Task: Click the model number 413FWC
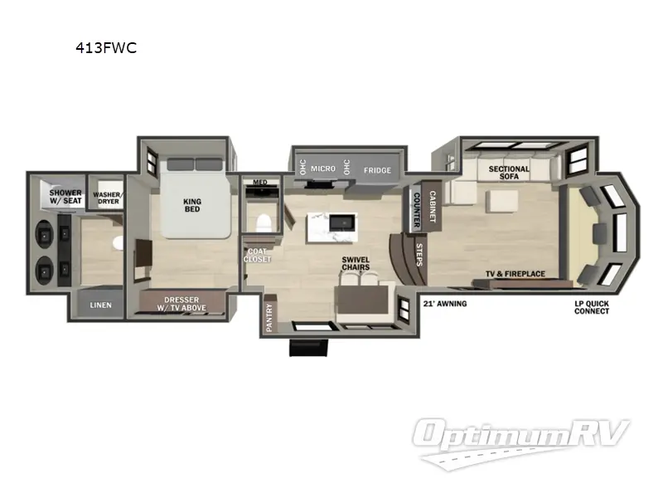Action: tap(106, 48)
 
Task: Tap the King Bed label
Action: tap(191, 204)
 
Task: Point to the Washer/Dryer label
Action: tap(108, 198)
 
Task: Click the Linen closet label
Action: tap(100, 305)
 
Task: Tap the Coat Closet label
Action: tap(258, 254)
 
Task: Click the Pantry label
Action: tap(270, 318)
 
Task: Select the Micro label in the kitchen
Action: tap(323, 168)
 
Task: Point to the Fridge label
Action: tap(377, 170)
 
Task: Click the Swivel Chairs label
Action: tap(356, 264)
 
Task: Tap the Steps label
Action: tap(419, 255)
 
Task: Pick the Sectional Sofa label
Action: tap(508, 173)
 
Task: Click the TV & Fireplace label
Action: tap(515, 273)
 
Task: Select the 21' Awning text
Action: tap(445, 304)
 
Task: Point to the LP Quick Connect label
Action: tap(592, 307)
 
